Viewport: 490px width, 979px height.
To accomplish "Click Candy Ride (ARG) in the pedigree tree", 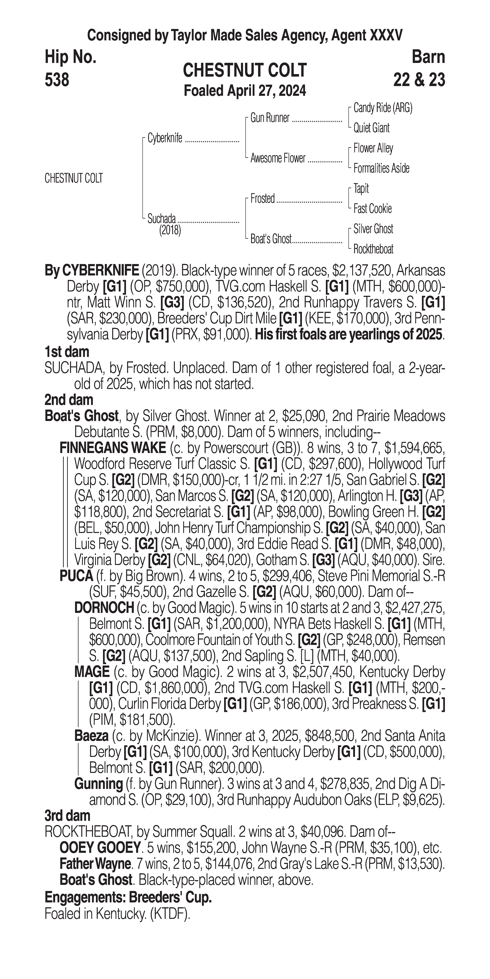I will point(383,108).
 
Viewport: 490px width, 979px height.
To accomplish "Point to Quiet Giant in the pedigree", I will point(371,128).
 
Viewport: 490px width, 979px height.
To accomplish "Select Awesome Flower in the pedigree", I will point(278,158).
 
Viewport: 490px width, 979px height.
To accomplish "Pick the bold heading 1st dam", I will point(67,351).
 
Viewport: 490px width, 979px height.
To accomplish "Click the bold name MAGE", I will point(92,672).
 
